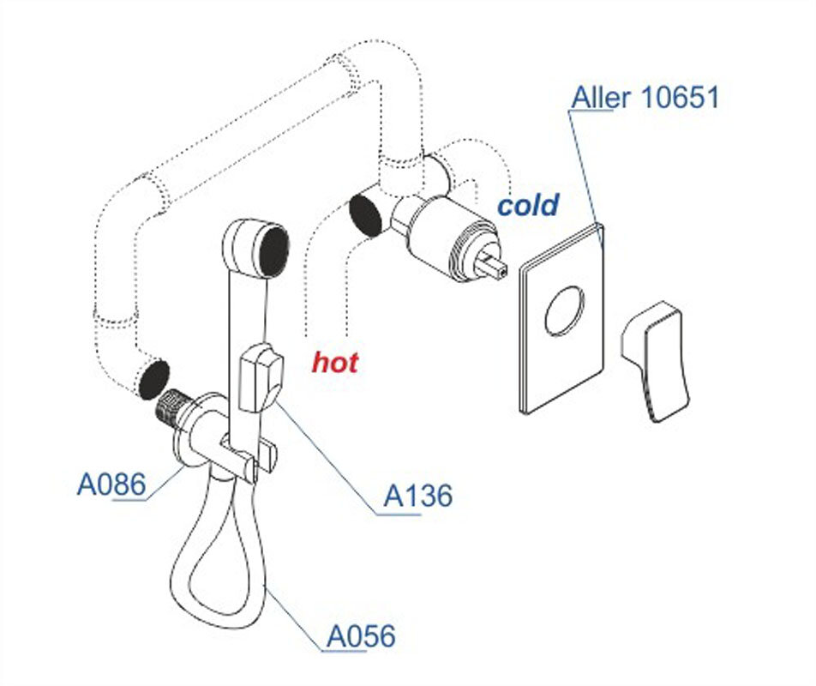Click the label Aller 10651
[x=645, y=98]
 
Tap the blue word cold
[x=528, y=206]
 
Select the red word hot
[x=334, y=362]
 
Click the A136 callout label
[x=417, y=496]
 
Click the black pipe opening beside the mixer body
[x=366, y=214]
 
